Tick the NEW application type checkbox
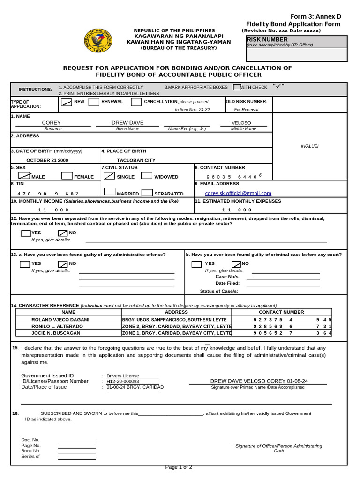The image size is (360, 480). click(x=67, y=102)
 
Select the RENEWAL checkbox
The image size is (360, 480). click(x=94, y=102)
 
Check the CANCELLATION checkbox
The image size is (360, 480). click(x=136, y=102)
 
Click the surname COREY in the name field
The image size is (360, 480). click(x=52, y=123)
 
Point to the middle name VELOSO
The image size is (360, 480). click(x=241, y=123)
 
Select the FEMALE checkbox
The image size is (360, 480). click(x=67, y=176)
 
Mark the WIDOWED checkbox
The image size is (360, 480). click(x=147, y=176)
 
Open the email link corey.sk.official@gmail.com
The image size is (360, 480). click(x=238, y=193)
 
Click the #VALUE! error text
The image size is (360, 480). click(x=309, y=146)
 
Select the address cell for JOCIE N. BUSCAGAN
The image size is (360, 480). click(x=177, y=333)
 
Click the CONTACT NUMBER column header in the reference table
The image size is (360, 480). click(x=281, y=312)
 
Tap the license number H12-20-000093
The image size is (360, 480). click(x=123, y=381)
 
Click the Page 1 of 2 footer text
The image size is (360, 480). click(x=179, y=467)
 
